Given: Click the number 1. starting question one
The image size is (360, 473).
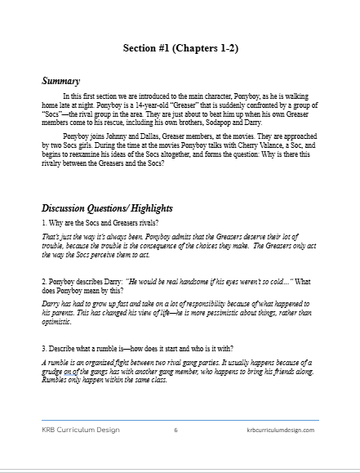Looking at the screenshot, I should coord(44,223).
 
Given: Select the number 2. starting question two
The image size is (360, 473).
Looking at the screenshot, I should coord(44,281).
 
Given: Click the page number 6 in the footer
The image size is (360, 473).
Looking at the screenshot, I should coord(176,429).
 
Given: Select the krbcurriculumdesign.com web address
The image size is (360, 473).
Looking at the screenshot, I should coord(280,429).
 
